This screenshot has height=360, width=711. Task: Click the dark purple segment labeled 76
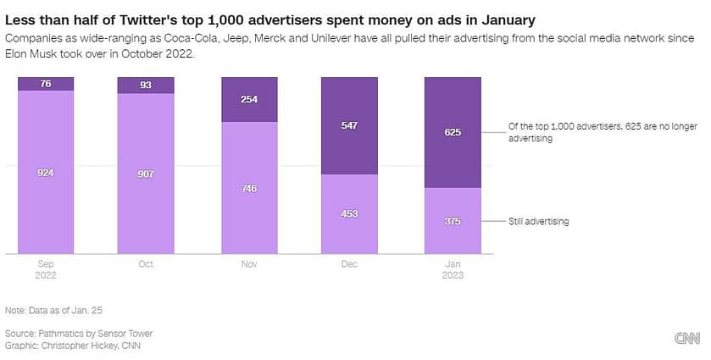tap(46, 83)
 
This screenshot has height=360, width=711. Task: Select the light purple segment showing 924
tap(46, 172)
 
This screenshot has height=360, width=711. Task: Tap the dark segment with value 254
tap(249, 99)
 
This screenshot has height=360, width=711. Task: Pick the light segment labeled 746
tap(249, 187)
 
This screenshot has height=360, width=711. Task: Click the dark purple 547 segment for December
tap(350, 125)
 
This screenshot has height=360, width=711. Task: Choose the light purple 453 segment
tap(350, 213)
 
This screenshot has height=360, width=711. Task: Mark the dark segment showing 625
tap(453, 132)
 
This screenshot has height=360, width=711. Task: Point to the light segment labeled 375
tap(453, 220)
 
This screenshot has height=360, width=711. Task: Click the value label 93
tap(147, 85)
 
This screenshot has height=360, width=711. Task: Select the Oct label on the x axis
tap(147, 264)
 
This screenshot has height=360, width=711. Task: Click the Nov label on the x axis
tap(249, 264)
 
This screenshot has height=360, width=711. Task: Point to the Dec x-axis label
tap(350, 264)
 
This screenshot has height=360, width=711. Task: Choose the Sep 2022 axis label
tap(46, 269)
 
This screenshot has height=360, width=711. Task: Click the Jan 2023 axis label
tap(453, 269)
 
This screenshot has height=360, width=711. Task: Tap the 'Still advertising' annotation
tap(538, 221)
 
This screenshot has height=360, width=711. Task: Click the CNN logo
tap(686, 339)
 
